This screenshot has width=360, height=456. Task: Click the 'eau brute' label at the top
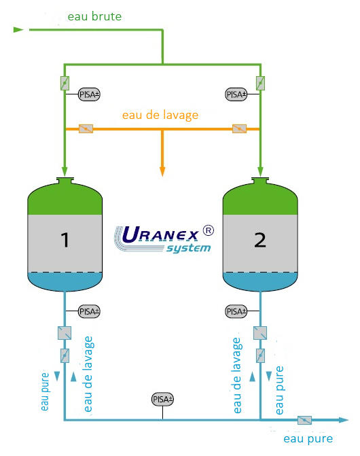[x=94, y=16]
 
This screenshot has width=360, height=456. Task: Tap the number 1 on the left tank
[x=65, y=240]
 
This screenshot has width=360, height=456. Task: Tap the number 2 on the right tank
[x=260, y=240]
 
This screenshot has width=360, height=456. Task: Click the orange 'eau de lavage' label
[x=160, y=115]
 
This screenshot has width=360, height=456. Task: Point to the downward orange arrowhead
[x=162, y=171]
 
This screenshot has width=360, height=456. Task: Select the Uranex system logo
[x=164, y=239]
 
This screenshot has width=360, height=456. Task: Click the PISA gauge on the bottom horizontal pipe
[x=162, y=400]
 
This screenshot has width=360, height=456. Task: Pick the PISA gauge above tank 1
[x=89, y=94]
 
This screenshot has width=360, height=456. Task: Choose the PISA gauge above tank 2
[x=236, y=94]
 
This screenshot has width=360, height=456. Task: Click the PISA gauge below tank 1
[x=89, y=311]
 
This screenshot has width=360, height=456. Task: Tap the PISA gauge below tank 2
[x=236, y=311]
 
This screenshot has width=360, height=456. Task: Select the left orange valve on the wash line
[x=86, y=128]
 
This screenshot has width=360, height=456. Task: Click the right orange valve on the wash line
[x=239, y=128]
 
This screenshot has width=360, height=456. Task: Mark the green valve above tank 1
[x=65, y=83]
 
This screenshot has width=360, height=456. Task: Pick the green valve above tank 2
[x=260, y=83]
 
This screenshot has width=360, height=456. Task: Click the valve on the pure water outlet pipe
[x=304, y=420]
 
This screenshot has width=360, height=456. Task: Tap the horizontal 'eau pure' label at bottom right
[x=308, y=438]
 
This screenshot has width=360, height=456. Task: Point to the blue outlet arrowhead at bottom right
[x=344, y=420]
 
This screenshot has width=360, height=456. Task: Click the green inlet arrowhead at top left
[x=18, y=29]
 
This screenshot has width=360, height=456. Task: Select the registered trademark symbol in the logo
[x=208, y=230]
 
